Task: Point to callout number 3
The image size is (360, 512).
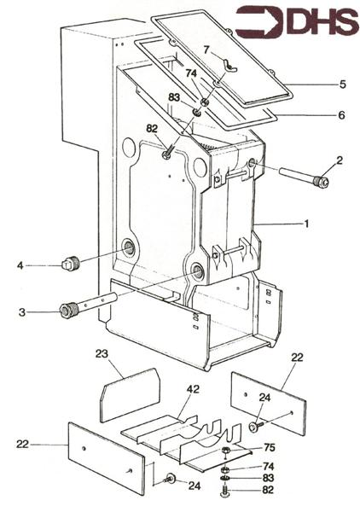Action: click(x=23, y=312)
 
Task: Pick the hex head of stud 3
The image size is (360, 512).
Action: click(x=67, y=310)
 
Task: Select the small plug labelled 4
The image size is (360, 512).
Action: click(x=72, y=262)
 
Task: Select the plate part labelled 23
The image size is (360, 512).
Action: click(x=131, y=393)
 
